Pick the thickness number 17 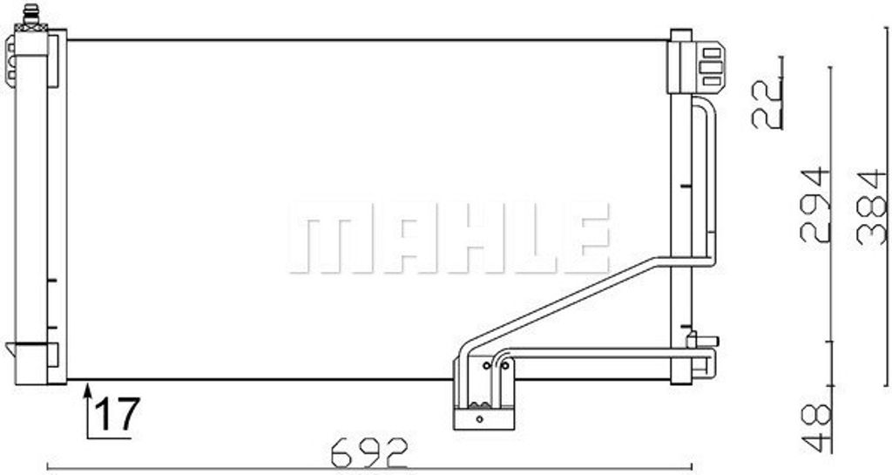116,414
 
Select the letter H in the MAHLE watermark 453,237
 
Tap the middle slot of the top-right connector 712,66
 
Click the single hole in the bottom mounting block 478,418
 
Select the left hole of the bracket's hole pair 485,366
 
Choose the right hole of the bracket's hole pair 504,366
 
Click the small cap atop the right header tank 680,34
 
